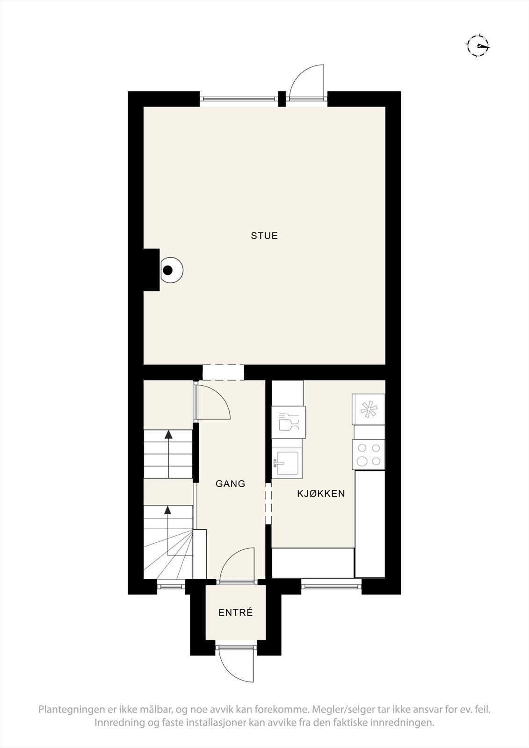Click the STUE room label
click(x=264, y=236)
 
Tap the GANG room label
click(x=230, y=483)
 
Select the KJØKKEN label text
click(x=321, y=493)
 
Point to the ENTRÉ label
click(x=236, y=612)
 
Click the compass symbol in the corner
click(x=478, y=46)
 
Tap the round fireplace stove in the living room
click(x=169, y=270)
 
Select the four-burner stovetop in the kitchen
click(x=369, y=455)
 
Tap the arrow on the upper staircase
click(x=168, y=435)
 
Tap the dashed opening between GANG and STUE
click(x=223, y=373)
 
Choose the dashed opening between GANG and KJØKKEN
click(x=268, y=504)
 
